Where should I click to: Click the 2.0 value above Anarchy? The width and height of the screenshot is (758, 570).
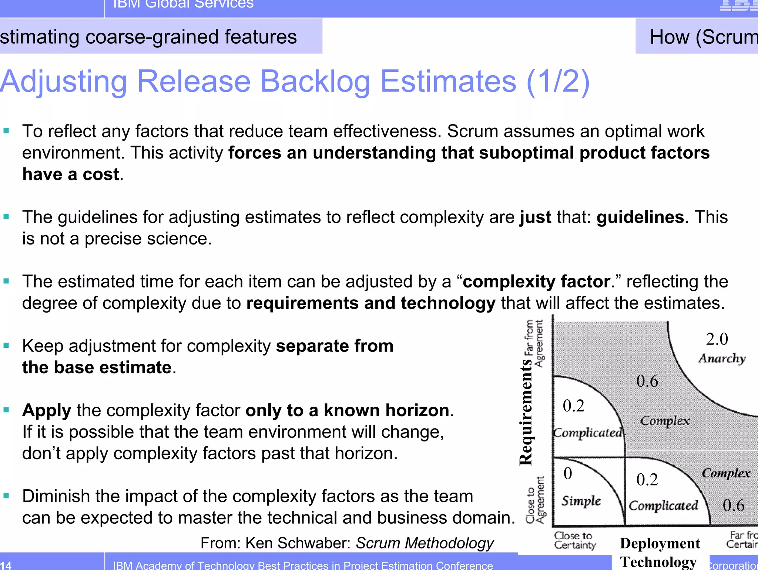click(717, 339)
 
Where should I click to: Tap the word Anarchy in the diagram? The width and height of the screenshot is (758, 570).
click(722, 359)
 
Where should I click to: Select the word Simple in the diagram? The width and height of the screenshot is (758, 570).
click(581, 501)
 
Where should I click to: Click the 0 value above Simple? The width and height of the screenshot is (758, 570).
click(568, 474)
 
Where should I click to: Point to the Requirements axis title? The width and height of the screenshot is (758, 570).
click(526, 411)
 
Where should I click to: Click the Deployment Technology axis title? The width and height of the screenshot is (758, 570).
click(660, 552)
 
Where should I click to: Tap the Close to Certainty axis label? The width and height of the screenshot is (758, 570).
click(575, 540)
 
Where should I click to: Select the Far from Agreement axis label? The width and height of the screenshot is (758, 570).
click(534, 343)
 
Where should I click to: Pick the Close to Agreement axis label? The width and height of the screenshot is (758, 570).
click(535, 500)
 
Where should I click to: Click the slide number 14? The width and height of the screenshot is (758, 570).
click(6, 565)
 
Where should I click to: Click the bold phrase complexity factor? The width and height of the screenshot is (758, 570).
click(536, 281)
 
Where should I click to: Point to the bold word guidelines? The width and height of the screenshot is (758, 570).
click(640, 217)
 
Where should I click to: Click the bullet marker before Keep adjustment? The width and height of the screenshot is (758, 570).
click(6, 346)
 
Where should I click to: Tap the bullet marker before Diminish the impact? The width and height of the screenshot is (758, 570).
click(6, 496)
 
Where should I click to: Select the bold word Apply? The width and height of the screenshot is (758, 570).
click(47, 410)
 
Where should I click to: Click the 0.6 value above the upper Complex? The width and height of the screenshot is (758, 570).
click(647, 381)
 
